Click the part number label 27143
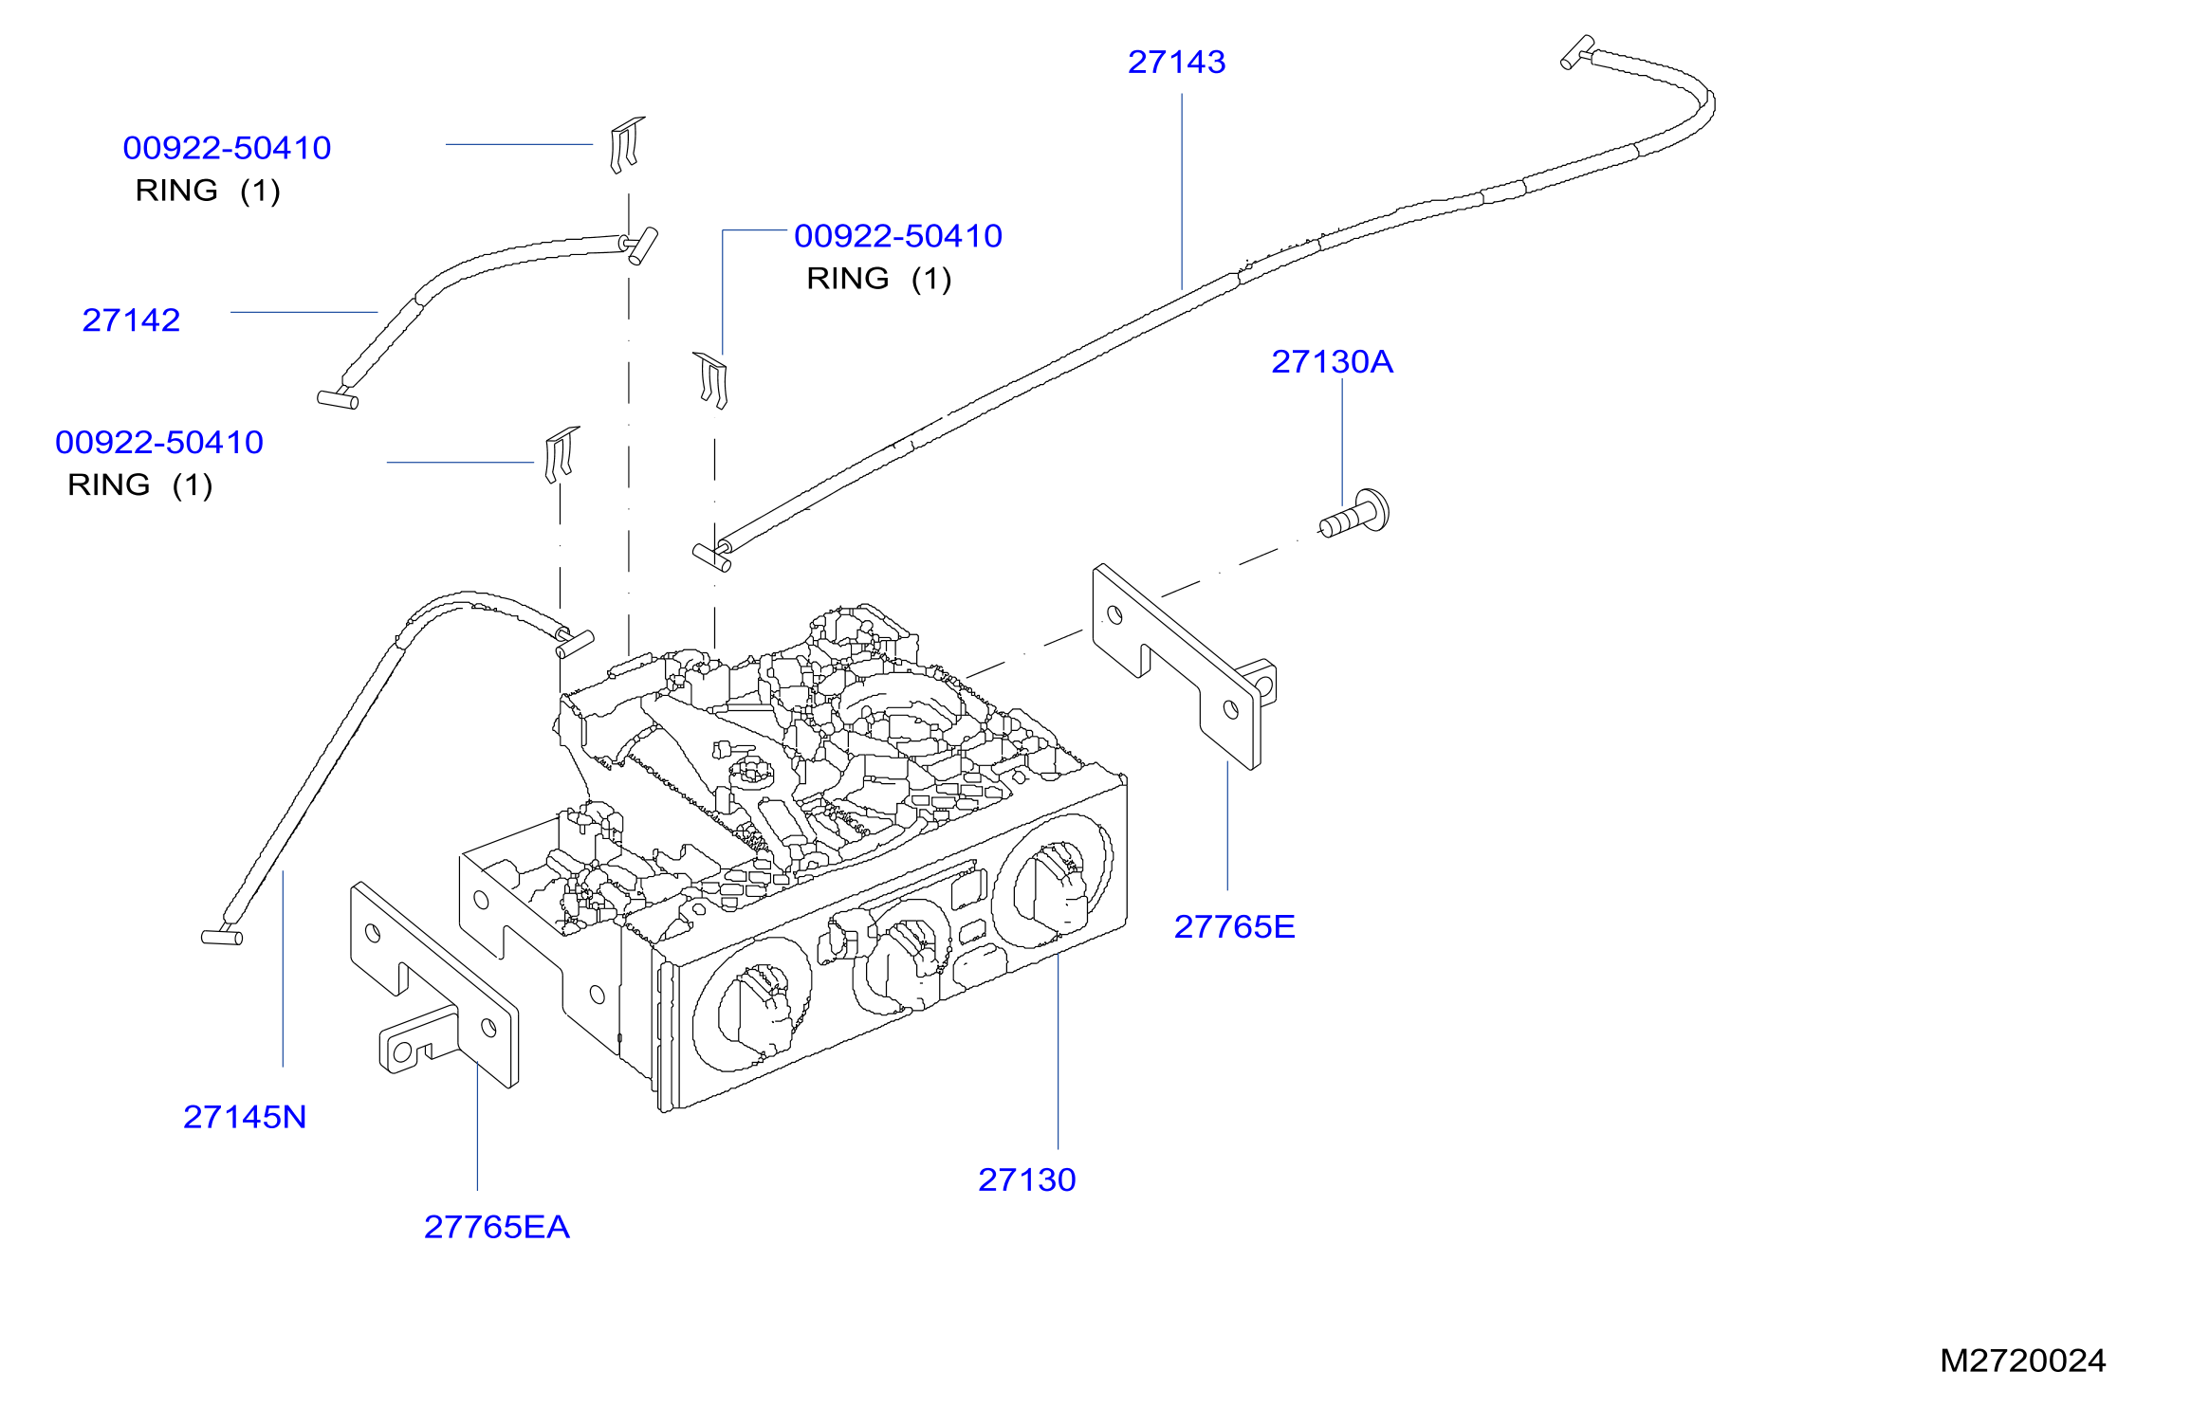[1176, 63]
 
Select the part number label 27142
[131, 320]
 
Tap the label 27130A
[1332, 362]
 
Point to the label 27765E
[1234, 927]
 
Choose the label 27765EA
[496, 1228]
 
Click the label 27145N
[245, 1118]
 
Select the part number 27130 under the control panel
[1027, 1180]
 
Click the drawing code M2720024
[2022, 1361]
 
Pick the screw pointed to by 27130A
[1354, 514]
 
